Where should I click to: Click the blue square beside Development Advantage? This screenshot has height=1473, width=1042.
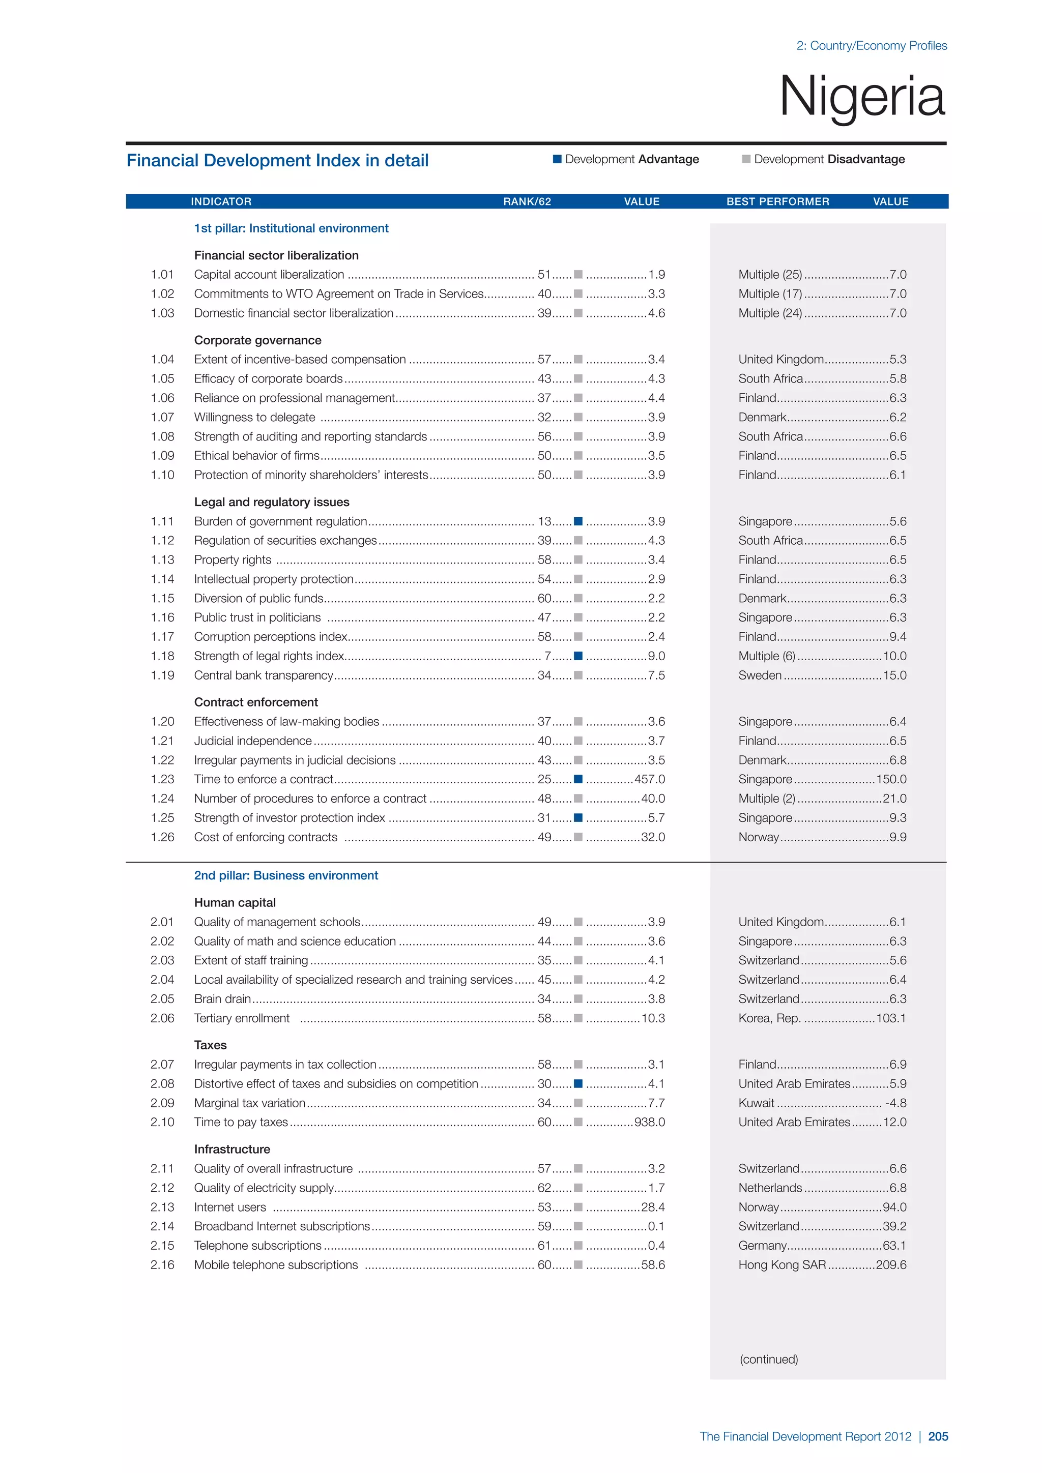(557, 159)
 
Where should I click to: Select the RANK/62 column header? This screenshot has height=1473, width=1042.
(527, 201)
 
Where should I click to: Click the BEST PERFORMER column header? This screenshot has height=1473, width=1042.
(777, 201)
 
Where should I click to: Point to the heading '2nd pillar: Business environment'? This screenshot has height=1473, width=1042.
(286, 876)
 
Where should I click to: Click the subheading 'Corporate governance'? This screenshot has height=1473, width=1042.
(258, 340)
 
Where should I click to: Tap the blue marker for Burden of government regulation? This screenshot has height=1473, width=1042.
(578, 521)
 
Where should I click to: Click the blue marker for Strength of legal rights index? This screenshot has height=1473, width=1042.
(578, 656)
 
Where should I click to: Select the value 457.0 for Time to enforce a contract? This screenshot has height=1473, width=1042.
(649, 780)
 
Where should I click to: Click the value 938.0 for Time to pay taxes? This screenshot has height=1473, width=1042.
(649, 1122)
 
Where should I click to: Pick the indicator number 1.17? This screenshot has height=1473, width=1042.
(162, 637)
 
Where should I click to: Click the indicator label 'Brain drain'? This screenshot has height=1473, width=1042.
(222, 999)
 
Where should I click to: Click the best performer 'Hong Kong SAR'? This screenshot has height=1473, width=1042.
(782, 1264)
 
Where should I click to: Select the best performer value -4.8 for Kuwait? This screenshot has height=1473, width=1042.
(895, 1103)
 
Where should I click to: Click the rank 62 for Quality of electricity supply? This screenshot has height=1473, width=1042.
(544, 1188)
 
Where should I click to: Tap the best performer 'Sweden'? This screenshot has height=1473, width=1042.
(760, 675)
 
